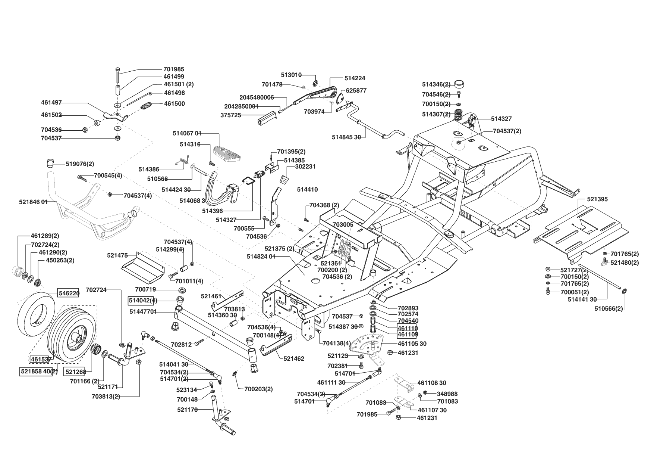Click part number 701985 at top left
[173, 69]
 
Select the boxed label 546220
[68, 293]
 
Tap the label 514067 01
[187, 133]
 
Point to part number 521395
[597, 199]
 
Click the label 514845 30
[346, 137]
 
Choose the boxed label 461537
[41, 359]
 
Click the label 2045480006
[257, 97]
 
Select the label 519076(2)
[80, 164]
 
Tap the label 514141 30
[582, 299]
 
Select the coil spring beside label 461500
[147, 106]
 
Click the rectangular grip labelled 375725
[266, 118]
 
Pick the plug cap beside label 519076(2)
[50, 163]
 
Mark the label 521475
[117, 255]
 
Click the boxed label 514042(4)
[143, 300]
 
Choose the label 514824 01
[261, 256]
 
